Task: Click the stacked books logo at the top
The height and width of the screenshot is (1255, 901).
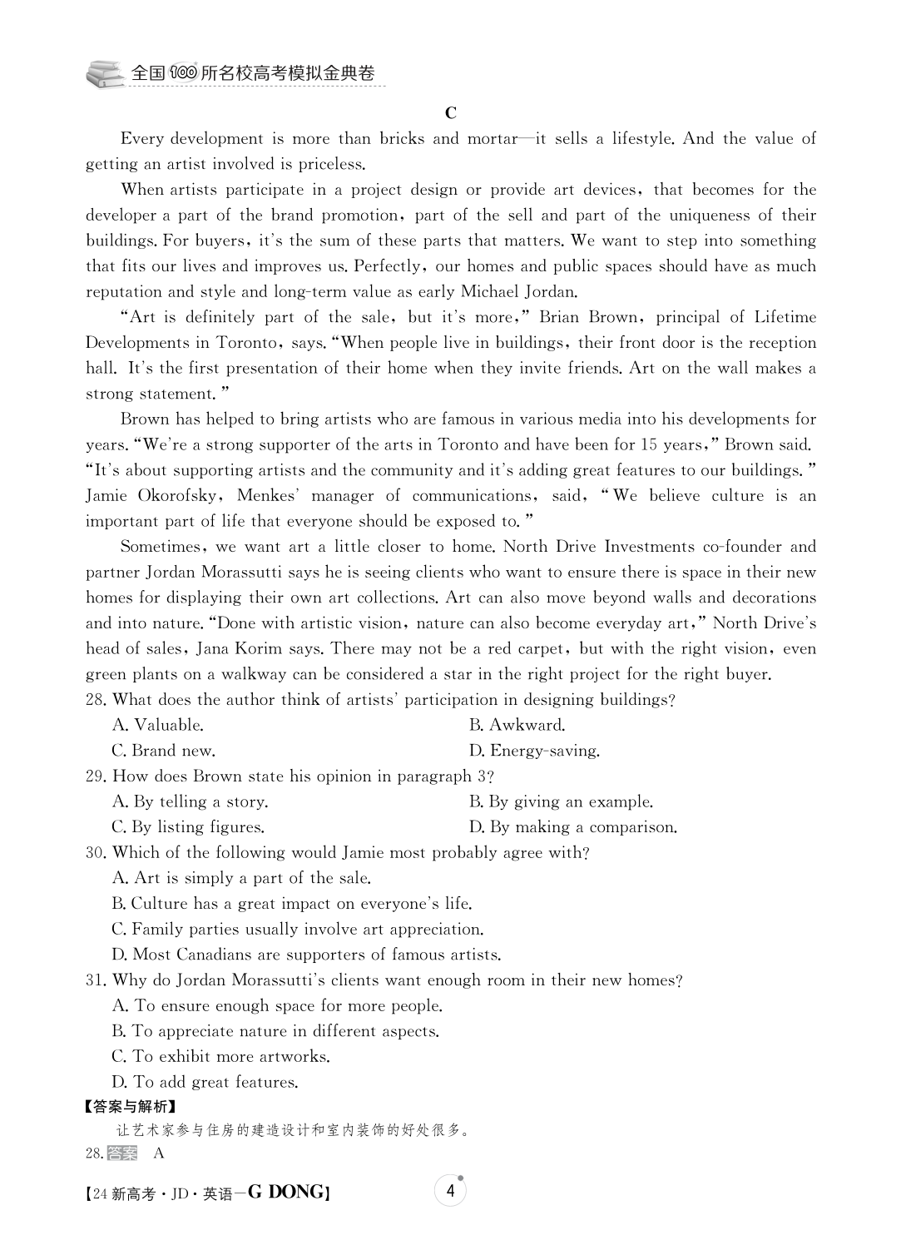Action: pyautogui.click(x=105, y=74)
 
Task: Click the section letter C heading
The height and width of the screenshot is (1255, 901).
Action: pyautogui.click(x=450, y=113)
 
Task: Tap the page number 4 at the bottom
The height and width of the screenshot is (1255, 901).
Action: pyautogui.click(x=450, y=1191)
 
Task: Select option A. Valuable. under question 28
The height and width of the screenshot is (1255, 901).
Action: pyautogui.click(x=157, y=725)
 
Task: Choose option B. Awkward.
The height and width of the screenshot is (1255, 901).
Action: pyautogui.click(x=517, y=725)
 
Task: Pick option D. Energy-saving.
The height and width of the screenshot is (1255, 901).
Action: pyautogui.click(x=534, y=751)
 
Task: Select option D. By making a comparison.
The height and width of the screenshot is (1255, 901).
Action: pyautogui.click(x=573, y=827)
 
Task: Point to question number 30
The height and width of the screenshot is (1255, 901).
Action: pyautogui.click(x=96, y=853)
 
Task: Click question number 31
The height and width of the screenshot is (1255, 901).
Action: pyautogui.click(x=96, y=980)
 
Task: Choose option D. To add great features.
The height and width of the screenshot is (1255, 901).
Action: pyautogui.click(x=205, y=1083)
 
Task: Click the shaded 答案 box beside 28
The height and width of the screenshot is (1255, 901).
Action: pyautogui.click(x=122, y=1153)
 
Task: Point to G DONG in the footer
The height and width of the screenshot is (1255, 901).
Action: pyautogui.click(x=287, y=1193)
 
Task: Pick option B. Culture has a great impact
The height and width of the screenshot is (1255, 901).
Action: pyautogui.click(x=291, y=904)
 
